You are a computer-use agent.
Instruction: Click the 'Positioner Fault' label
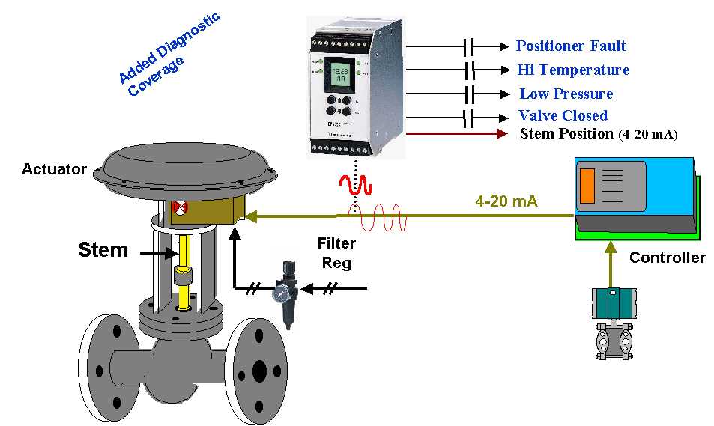pos(571,46)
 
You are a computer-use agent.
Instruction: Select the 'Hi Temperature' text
pos(573,70)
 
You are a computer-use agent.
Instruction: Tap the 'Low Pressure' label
pos(566,94)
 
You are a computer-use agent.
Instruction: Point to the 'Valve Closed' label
pos(563,116)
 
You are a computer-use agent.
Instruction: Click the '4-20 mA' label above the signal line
pos(506,201)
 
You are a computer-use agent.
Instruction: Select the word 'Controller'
pos(667,258)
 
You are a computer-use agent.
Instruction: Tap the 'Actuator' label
pos(54,170)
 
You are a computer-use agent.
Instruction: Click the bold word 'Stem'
pos(103,250)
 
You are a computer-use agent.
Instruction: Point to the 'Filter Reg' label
pos(336,253)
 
